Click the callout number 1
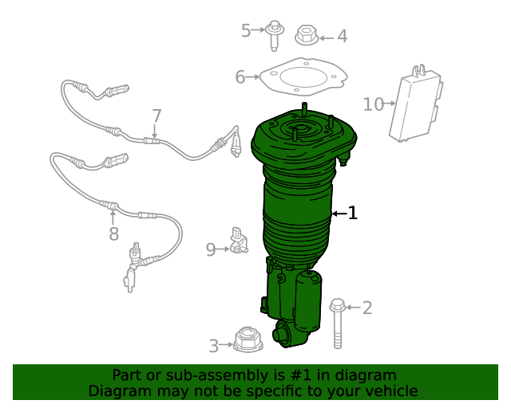pyautogui.click(x=352, y=213)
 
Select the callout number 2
pyautogui.click(x=366, y=308)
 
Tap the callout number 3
pyautogui.click(x=214, y=346)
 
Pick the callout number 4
pyautogui.click(x=342, y=36)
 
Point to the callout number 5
pyautogui.click(x=247, y=31)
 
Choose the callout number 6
pyautogui.click(x=240, y=77)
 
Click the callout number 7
pyautogui.click(x=156, y=116)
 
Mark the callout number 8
pyautogui.click(x=113, y=233)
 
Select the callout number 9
pyautogui.click(x=211, y=249)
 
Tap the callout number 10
pyautogui.click(x=373, y=104)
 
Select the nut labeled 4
pyautogui.click(x=307, y=35)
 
